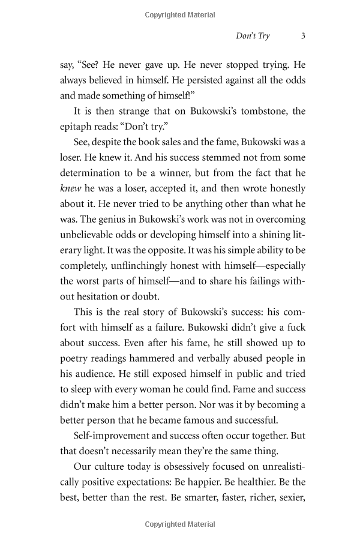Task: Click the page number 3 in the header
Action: (303, 36)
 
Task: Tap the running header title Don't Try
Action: (253, 36)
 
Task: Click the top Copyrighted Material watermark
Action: (180, 15)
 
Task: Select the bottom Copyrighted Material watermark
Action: (180, 526)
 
